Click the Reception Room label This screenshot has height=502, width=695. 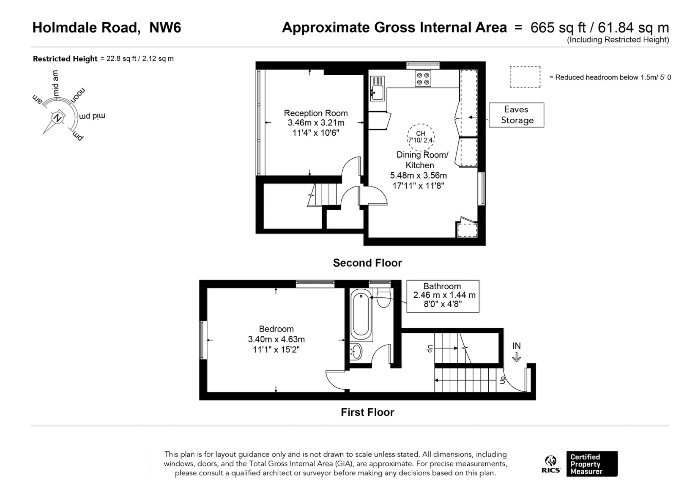click(316, 113)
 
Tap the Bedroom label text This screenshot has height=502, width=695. click(276, 329)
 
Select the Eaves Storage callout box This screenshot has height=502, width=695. click(516, 115)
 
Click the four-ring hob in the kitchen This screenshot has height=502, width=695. click(423, 79)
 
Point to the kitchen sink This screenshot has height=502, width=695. click(377, 89)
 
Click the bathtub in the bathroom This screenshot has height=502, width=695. click(361, 314)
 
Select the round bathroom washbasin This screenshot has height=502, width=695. click(356, 352)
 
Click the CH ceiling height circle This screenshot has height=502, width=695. click(420, 137)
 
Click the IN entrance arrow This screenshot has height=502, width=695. click(516, 357)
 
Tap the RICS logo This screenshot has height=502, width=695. click(551, 464)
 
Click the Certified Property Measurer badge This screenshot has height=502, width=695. click(592, 464)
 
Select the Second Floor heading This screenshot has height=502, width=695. click(368, 263)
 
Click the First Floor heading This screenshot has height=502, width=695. click(368, 412)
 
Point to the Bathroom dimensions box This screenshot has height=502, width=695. click(443, 296)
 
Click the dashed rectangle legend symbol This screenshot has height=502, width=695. click(525, 77)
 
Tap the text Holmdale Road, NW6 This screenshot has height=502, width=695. click(107, 27)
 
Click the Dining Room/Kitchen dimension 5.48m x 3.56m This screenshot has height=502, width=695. click(418, 175)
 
